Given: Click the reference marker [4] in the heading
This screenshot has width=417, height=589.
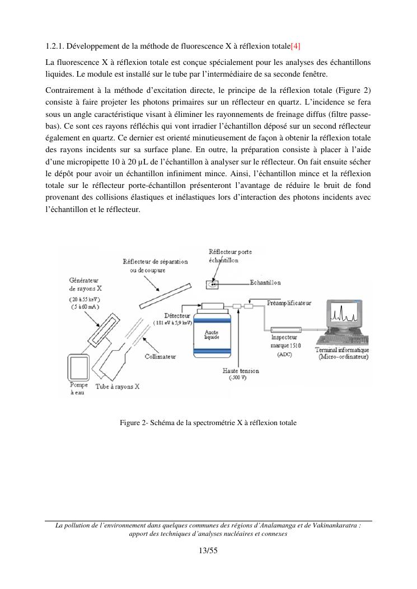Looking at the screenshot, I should pyautogui.click(x=296, y=45).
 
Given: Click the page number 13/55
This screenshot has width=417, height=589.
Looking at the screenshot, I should pyautogui.click(x=208, y=551).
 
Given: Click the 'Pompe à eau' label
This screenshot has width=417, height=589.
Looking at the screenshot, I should pyautogui.click(x=78, y=388).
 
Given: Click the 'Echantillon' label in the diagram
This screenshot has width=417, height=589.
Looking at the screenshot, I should pyautogui.click(x=265, y=283).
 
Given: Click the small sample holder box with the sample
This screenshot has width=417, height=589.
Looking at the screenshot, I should pyautogui.click(x=214, y=284).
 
